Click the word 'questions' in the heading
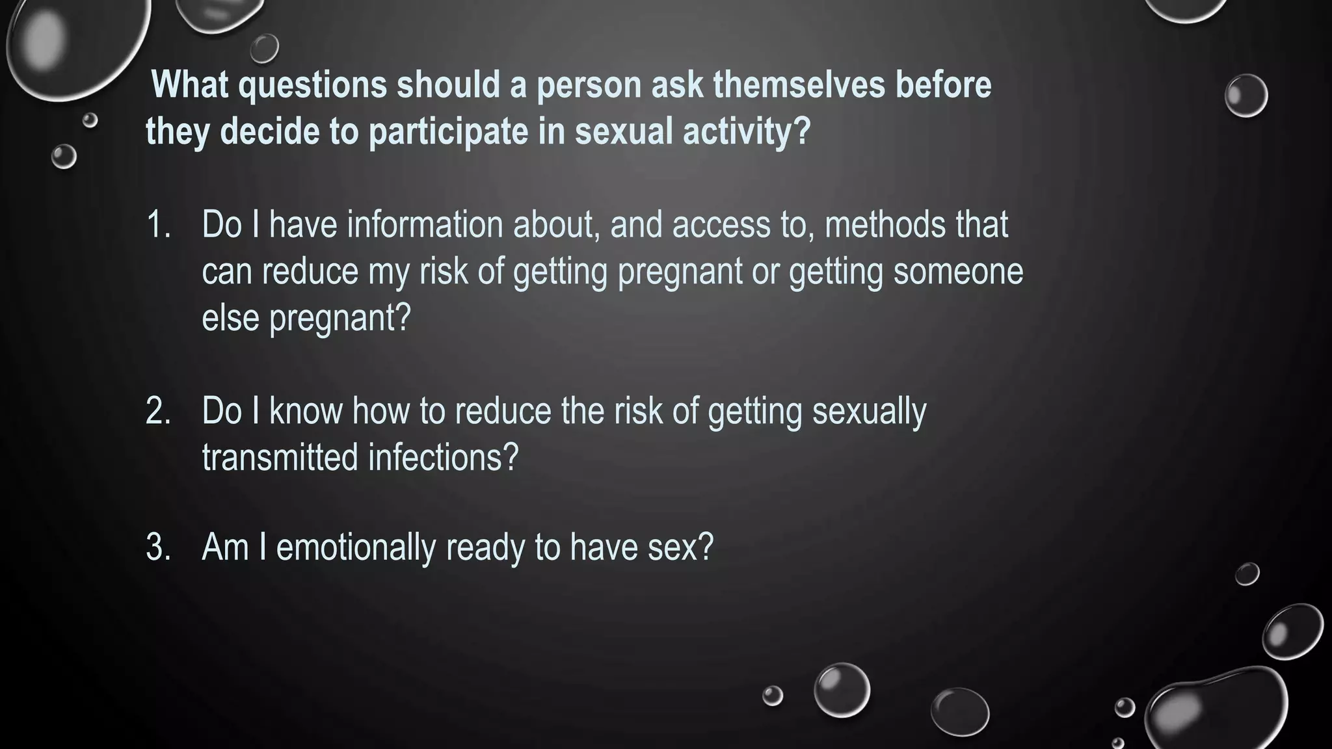pos(312,86)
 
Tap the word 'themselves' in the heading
pos(799,86)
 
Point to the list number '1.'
pos(159,225)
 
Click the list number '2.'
pos(159,412)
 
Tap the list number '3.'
pos(159,547)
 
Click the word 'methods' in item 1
pos(885,225)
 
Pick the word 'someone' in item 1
pos(958,272)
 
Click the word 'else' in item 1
pos(230,319)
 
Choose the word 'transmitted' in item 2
pos(280,458)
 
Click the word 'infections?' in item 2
pos(443,458)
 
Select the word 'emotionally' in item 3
pos(355,547)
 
